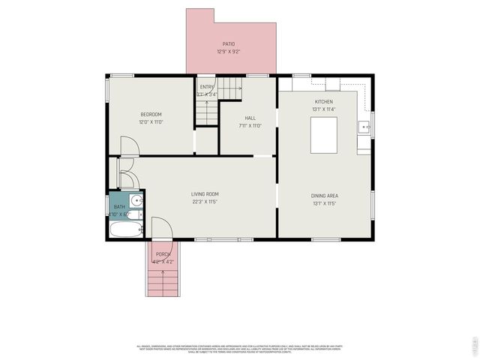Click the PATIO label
click(x=228, y=44)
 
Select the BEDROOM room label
click(x=151, y=115)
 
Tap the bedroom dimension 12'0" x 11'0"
click(x=151, y=122)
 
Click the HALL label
click(x=250, y=118)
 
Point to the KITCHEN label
click(x=323, y=101)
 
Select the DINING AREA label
click(x=324, y=196)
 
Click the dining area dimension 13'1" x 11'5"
click(x=324, y=203)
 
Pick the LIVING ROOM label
click(x=205, y=194)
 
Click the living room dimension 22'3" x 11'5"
click(x=205, y=202)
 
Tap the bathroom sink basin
click(x=136, y=201)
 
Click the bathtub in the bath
click(x=124, y=230)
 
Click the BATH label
click(x=119, y=207)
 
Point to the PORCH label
click(x=163, y=254)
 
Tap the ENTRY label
click(x=207, y=87)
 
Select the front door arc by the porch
click(x=163, y=228)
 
